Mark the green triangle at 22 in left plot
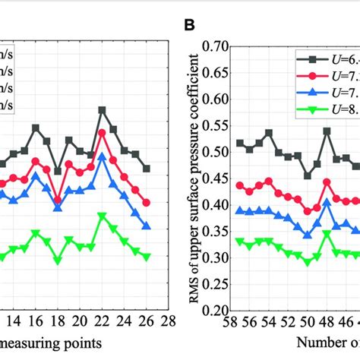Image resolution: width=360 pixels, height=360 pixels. (102, 216)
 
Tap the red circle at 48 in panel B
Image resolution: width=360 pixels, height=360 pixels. (327, 182)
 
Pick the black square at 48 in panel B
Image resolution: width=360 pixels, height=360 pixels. (327, 131)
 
